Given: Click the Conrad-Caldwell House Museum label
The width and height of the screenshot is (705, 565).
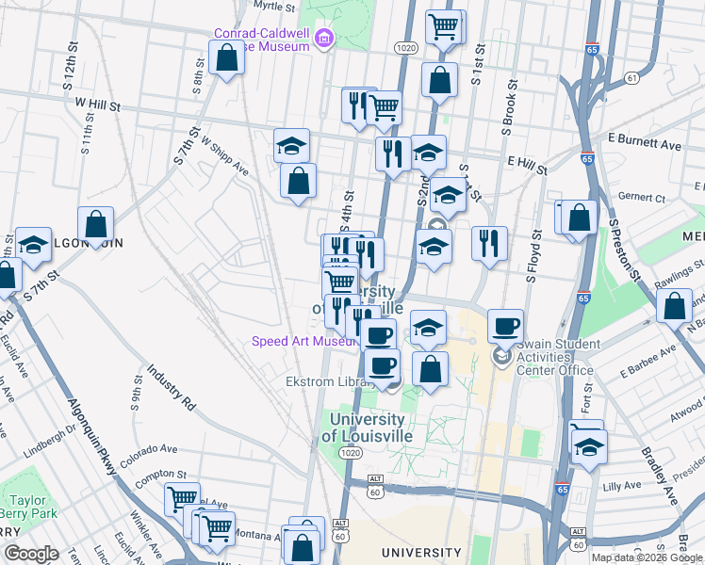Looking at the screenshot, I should [262, 39].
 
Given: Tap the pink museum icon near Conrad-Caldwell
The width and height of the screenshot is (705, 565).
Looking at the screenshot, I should [324, 39].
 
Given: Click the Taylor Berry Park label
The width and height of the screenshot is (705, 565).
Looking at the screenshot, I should [29, 507].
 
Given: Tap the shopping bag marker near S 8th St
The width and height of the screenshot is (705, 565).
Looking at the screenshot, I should [227, 59].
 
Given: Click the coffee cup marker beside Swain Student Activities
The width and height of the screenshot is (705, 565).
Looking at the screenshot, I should [506, 326].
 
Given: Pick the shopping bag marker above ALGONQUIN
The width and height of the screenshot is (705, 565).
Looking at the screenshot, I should [96, 224].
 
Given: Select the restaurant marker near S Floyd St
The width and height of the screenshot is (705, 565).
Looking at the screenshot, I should [489, 242].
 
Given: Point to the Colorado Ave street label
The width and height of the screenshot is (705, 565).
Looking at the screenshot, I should [148, 450].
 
